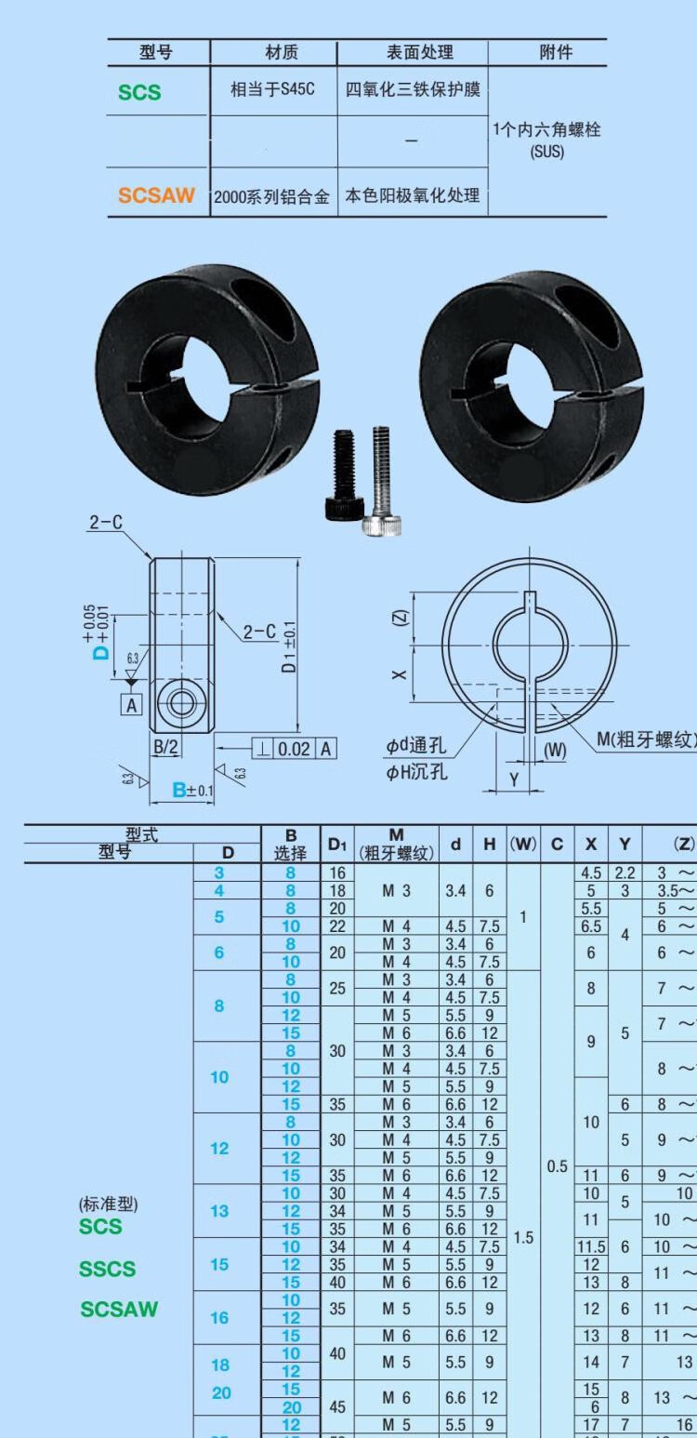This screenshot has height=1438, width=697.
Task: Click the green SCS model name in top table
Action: (x=139, y=92)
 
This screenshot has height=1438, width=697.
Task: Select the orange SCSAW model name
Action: (x=156, y=195)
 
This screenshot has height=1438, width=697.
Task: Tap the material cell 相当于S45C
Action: (x=272, y=90)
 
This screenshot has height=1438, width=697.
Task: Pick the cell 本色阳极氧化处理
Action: (x=413, y=195)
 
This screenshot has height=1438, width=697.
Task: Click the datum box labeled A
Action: (x=131, y=705)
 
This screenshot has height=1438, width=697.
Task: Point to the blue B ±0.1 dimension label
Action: (x=193, y=791)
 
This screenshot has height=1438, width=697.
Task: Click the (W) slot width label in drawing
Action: (x=555, y=750)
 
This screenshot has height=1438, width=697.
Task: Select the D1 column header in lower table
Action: (x=336, y=844)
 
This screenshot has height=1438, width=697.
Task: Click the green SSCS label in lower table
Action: (x=107, y=1269)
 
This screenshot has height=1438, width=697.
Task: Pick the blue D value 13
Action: (x=219, y=1210)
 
